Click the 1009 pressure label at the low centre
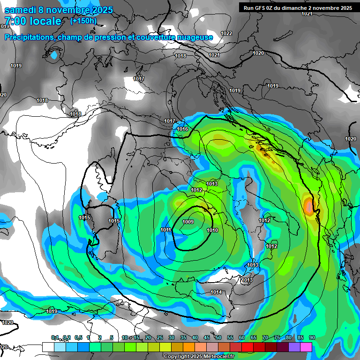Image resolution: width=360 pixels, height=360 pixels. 188,222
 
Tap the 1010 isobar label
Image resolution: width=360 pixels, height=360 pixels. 212,230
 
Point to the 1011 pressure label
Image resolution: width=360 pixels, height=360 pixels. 165,230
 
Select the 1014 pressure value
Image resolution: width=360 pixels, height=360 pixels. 216,292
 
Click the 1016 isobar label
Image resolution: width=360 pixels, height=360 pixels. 182,129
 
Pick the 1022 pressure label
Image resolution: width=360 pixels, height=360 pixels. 226,33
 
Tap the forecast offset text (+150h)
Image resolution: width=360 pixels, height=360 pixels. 84,21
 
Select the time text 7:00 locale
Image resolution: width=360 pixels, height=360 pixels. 33,21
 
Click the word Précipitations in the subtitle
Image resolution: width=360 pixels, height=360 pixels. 29,37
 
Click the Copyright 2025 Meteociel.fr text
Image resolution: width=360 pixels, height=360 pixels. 199,356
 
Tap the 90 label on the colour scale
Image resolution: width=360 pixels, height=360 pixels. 312,337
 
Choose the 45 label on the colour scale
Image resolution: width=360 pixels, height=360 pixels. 207,337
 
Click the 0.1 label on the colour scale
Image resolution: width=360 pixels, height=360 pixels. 55,337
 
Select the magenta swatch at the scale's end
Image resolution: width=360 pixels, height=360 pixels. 306,347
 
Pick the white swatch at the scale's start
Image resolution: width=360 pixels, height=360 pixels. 48,347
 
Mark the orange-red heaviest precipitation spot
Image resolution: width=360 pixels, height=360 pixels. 309,206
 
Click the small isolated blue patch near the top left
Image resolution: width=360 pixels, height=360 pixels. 54,56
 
